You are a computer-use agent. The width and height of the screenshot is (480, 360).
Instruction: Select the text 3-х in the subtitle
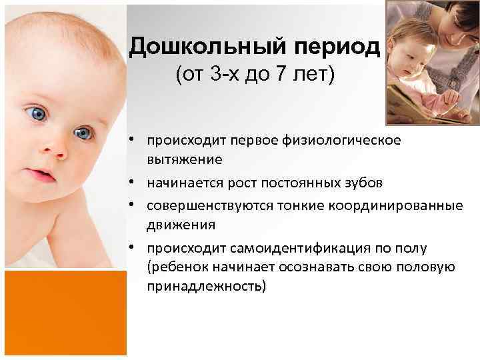point(225,75)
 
